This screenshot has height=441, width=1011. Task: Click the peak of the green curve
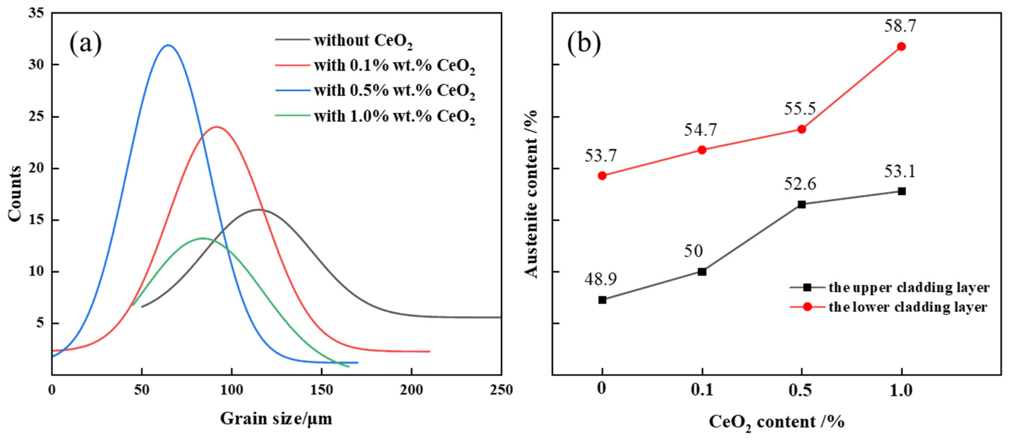[202, 238]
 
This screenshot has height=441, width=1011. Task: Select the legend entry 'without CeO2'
[363, 40]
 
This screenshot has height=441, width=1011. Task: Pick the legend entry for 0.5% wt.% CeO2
[394, 91]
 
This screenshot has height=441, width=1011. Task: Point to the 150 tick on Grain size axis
[321, 390]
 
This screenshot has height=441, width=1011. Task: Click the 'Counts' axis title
[15, 194]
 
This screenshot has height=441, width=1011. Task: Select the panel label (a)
[85, 44]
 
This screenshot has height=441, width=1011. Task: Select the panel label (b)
[583, 44]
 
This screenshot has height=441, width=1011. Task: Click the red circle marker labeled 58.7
[902, 47]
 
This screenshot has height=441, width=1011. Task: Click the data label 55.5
[800, 109]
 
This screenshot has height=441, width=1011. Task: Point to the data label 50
[694, 251]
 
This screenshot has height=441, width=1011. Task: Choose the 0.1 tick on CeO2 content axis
[702, 390]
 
